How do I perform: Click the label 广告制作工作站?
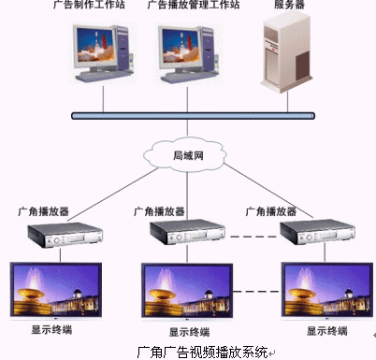tap(89, 5)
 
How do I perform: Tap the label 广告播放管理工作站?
tap(194, 5)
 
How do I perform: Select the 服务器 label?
tap(289, 5)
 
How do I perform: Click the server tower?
tap(286, 51)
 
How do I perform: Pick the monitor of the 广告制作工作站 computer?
tap(95, 48)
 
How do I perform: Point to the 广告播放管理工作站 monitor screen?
tap(181, 46)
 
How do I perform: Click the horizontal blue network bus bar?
tap(193, 116)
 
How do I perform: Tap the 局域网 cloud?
tap(185, 155)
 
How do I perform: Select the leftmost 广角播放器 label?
tap(43, 211)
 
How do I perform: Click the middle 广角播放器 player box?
tap(187, 232)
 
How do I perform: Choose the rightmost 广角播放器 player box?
tap(317, 232)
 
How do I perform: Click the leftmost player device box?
tap(65, 235)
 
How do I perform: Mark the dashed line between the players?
tap(253, 237)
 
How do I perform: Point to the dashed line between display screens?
tap(257, 292)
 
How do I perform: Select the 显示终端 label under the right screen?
tap(327, 331)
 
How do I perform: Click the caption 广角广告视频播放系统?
tap(203, 352)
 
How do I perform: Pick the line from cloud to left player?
tap(112, 194)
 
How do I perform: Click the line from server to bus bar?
tap(287, 102)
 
